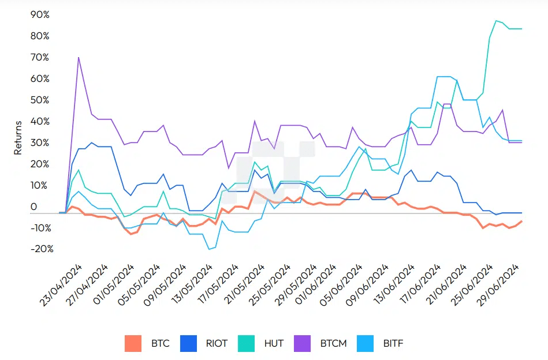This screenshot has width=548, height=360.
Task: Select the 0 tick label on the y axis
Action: click(x=33, y=207)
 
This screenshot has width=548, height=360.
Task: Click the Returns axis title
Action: click(x=18, y=137)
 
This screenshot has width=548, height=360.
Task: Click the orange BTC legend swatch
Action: click(x=133, y=343)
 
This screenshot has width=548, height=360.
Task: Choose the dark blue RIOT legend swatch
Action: click(x=189, y=343)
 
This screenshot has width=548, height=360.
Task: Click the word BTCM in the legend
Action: click(x=334, y=343)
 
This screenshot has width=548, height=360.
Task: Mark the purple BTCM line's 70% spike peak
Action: click(x=78, y=57)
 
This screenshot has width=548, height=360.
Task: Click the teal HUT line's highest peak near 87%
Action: click(x=496, y=21)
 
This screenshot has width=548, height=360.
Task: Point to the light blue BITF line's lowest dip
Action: click(x=209, y=249)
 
